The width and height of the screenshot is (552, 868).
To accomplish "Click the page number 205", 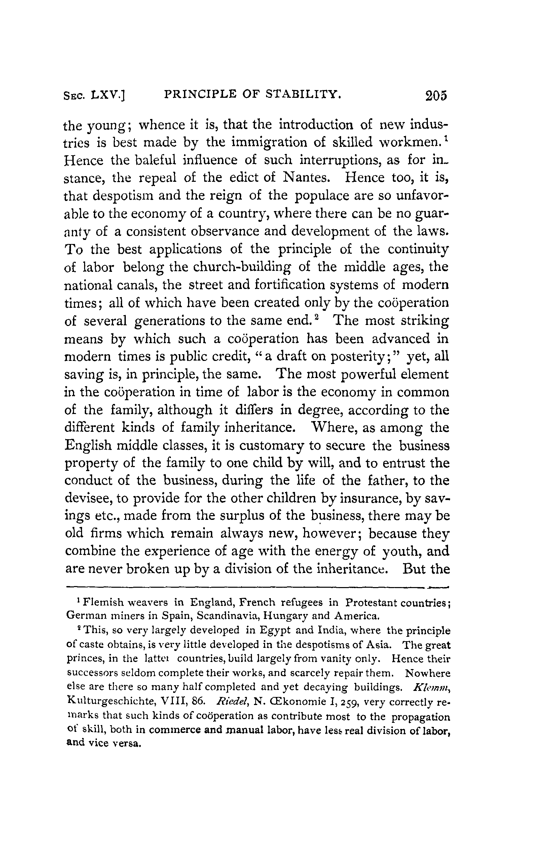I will [436, 95].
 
